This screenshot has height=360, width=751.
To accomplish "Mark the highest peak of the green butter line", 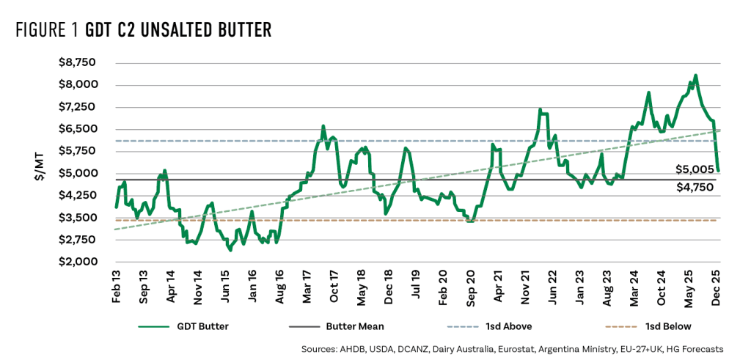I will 695,75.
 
